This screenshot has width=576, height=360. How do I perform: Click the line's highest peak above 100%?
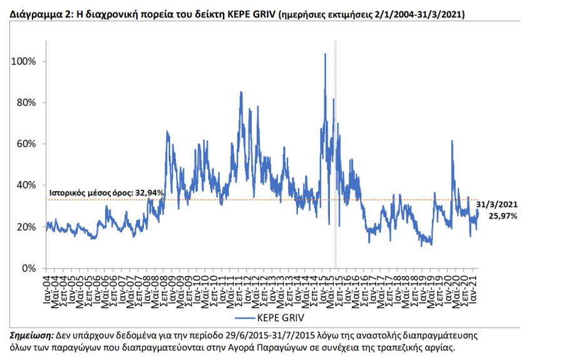tap(325, 54)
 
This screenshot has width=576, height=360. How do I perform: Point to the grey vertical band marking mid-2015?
tap(335, 157)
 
